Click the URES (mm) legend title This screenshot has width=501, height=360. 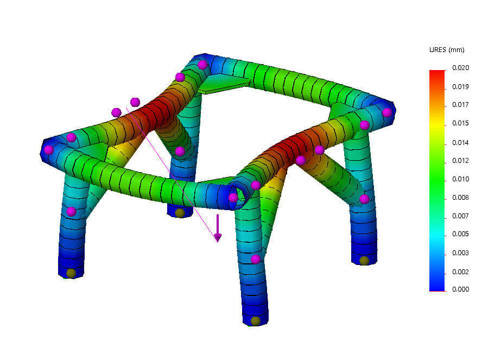(446, 50)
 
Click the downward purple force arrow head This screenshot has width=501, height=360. (218, 237)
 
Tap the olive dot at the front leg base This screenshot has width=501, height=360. (255, 321)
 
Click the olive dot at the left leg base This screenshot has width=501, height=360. (71, 273)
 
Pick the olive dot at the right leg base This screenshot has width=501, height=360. (364, 261)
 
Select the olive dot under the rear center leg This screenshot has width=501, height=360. (180, 213)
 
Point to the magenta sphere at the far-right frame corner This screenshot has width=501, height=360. (386, 112)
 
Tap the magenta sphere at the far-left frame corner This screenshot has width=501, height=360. (49, 149)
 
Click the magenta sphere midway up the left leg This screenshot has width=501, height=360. (71, 211)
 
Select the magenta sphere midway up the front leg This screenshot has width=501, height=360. (255, 259)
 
